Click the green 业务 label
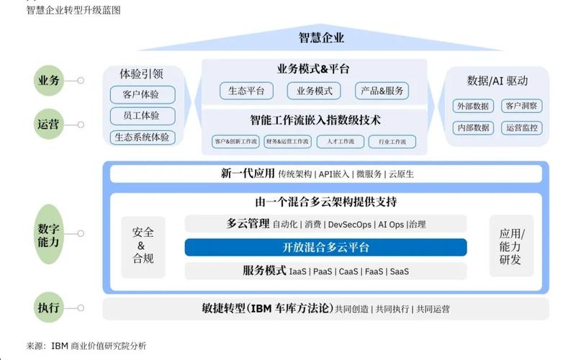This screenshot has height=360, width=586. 49,81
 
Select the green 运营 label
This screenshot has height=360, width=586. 49,124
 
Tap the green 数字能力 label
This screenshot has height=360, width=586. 49,235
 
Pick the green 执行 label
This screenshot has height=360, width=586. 49,307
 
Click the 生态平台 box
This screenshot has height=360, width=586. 246,91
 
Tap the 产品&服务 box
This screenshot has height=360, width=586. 382,91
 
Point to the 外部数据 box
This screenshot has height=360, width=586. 473,106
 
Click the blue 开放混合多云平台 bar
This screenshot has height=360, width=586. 325,248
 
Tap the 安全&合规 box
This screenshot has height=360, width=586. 143,246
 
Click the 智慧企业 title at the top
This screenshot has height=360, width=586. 321,37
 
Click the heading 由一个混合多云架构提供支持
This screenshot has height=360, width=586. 325,202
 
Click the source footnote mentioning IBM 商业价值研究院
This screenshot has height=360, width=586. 86,346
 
